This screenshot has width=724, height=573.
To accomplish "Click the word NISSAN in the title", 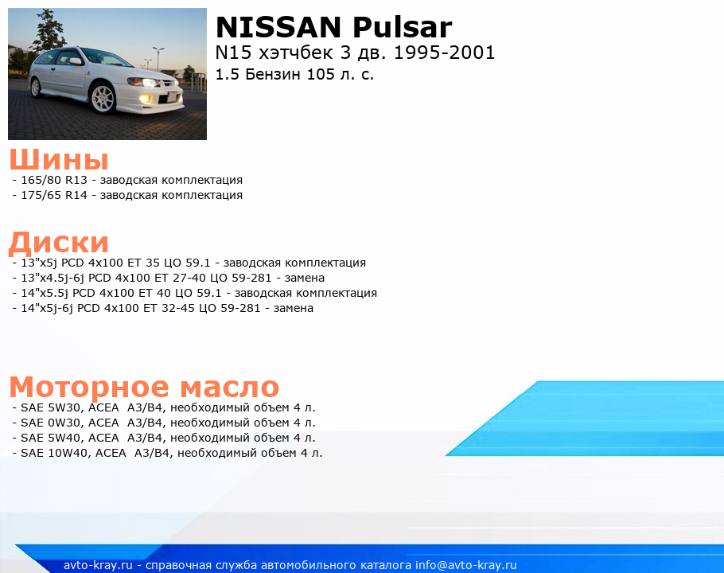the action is (278, 27).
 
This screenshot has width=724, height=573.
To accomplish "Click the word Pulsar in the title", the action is (402, 27).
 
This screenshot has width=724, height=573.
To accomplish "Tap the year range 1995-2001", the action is (444, 53).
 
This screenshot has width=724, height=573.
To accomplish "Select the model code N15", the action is (233, 53).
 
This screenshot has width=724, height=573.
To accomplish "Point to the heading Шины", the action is (59, 160).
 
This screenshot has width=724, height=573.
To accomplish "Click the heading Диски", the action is (59, 243).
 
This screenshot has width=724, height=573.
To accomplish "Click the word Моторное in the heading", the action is (89, 387).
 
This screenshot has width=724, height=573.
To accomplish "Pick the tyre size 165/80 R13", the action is (54, 180).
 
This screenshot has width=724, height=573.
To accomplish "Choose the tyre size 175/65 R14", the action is (54, 195).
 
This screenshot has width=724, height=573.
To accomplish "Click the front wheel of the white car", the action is (103, 98).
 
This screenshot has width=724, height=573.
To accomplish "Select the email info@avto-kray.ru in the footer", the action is (466, 565).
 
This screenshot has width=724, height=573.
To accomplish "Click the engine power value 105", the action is (321, 74).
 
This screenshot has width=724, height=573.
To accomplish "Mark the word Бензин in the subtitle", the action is (274, 74).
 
